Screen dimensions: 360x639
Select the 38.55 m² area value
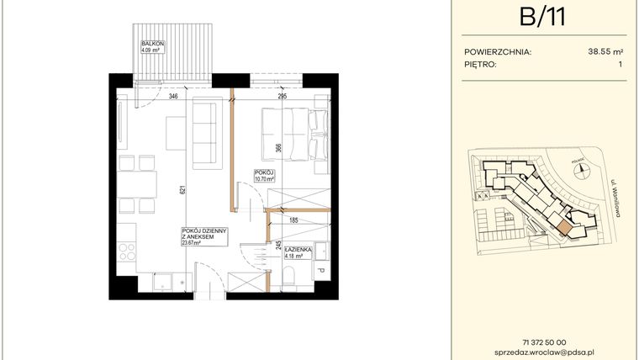click(599, 51)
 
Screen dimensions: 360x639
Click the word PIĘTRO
click(482, 63)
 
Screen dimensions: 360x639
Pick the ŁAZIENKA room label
click(298, 251)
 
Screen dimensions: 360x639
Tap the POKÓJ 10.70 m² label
click(265, 176)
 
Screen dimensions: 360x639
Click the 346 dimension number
click(174, 98)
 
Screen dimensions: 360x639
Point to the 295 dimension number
click(282, 98)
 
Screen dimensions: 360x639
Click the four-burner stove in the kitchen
click(127, 251)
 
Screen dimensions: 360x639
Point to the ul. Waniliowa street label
click(615, 199)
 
